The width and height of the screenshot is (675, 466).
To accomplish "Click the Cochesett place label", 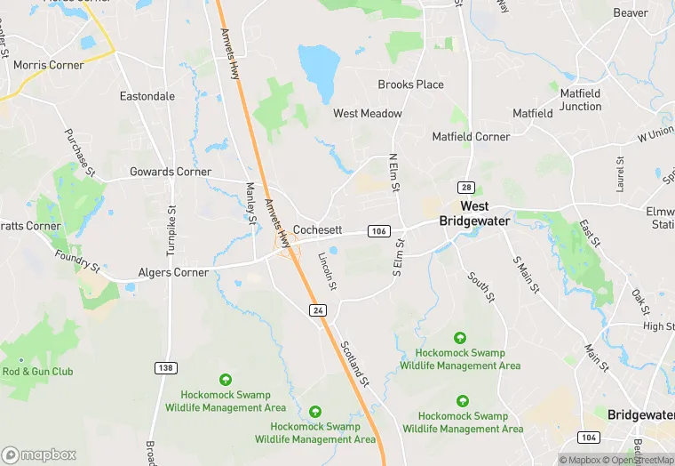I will [318, 229].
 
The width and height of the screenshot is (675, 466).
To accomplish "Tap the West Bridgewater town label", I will [474, 213].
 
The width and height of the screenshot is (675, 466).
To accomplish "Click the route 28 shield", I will [465, 187].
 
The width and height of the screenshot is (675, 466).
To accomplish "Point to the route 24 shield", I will [317, 309].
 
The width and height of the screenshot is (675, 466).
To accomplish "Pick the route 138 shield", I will [164, 367].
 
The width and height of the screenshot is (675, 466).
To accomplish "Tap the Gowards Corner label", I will [171, 172].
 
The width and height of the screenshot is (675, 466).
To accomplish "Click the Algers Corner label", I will [173, 272].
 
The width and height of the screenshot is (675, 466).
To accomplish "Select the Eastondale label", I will [147, 95].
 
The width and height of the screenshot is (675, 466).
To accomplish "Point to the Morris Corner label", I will [49, 65].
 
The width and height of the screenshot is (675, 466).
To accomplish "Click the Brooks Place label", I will [410, 84].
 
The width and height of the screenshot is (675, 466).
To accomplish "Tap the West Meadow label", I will [368, 114].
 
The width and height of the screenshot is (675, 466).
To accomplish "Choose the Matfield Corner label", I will [471, 137].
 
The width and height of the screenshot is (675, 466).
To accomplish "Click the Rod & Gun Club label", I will [38, 372].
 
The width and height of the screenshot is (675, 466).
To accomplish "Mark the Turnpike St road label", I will [173, 230].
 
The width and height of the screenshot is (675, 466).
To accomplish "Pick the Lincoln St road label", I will [328, 270].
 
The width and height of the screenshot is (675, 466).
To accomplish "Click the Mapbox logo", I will [40, 454].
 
